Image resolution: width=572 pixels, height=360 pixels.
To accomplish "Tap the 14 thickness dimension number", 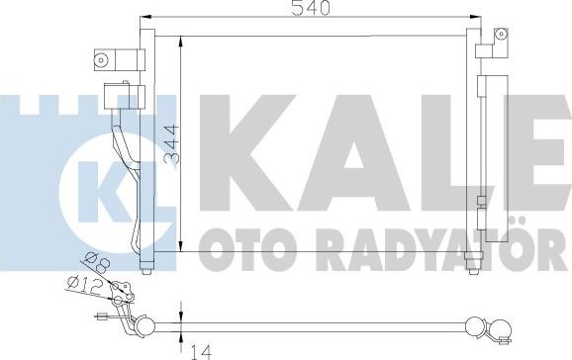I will tap(201, 348).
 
